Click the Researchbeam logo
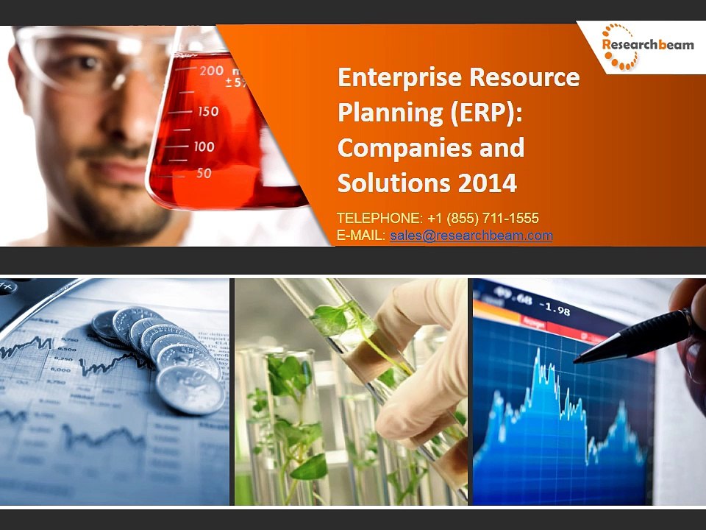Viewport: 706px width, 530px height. pyautogui.click(x=647, y=46)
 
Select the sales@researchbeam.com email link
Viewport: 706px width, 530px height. pyautogui.click(x=471, y=236)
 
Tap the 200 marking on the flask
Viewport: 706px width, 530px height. pyautogui.click(x=211, y=71)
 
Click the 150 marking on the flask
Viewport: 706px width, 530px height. pyautogui.click(x=208, y=111)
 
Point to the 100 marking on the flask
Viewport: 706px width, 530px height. pyautogui.click(x=204, y=146)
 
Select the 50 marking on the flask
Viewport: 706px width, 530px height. pyautogui.click(x=203, y=173)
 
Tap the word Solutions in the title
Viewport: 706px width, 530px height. pyautogui.click(x=392, y=183)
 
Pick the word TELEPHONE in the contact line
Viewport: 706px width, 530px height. pyautogui.click(x=377, y=218)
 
